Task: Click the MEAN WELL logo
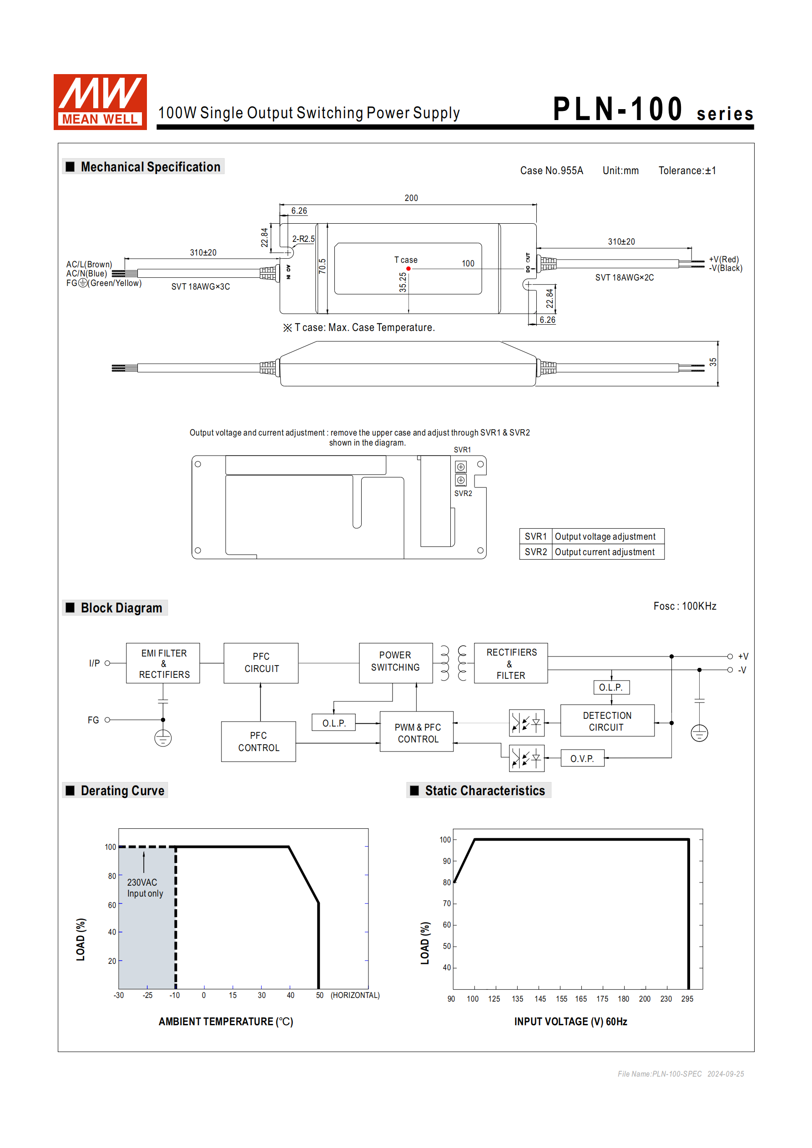coord(100,101)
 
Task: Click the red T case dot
coord(408,269)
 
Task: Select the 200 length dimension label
coord(411,198)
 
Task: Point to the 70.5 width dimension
coord(322,266)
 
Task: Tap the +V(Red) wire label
coord(723,259)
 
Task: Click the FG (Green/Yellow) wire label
coord(104,283)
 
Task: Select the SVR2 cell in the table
coord(535,552)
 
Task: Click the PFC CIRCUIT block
coord(261,662)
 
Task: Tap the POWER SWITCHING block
coord(395,662)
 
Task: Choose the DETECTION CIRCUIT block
coord(607,721)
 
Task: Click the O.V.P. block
coord(582,758)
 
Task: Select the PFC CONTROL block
coord(258,742)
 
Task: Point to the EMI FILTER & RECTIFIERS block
coord(163,663)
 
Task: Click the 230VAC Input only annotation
coord(145,888)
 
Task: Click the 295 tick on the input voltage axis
coord(687,999)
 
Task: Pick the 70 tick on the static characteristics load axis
coord(446,903)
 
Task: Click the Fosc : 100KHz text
coord(685,606)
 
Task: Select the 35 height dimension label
coord(713,362)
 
